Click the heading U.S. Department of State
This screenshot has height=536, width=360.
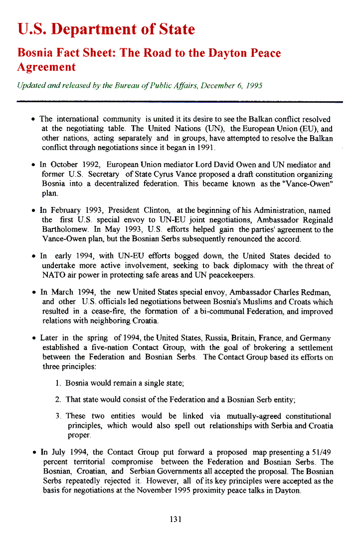106,29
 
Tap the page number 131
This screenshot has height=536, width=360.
176,519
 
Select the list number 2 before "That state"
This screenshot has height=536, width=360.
58,399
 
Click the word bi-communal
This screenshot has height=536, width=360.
220,311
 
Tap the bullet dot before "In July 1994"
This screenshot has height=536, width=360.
33,453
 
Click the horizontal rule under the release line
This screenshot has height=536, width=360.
180,101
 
